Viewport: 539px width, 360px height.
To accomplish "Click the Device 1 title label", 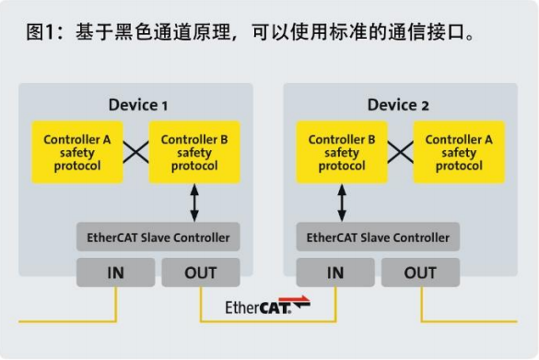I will [137, 104].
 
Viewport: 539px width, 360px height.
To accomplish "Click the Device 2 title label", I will [398, 104].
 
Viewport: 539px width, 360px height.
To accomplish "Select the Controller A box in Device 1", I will [77, 153].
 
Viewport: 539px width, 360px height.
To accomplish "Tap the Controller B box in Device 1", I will [194, 153].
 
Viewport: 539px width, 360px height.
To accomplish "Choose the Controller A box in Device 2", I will [459, 153].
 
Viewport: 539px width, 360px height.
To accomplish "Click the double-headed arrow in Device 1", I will [194, 203].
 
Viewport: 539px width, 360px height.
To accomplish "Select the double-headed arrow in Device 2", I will [342, 203].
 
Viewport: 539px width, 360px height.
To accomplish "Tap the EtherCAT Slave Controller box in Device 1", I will [158, 237].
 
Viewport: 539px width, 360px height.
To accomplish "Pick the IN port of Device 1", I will [115, 273].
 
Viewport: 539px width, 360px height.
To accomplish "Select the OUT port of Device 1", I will [201, 273].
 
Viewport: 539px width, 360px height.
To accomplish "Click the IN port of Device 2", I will [335, 273].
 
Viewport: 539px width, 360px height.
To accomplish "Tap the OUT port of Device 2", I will [421, 273].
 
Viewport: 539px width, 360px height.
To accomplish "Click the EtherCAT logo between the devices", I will [267, 306].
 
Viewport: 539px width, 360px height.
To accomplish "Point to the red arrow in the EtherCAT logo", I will [299, 303].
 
